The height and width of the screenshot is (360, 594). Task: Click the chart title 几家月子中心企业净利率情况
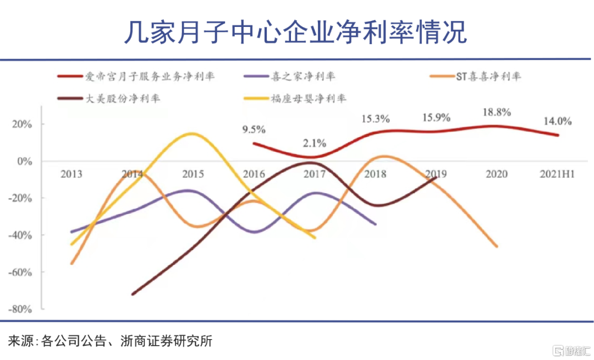[x=295, y=32]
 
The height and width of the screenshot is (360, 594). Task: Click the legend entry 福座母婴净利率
[x=309, y=99]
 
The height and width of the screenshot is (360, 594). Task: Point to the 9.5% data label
[x=254, y=130]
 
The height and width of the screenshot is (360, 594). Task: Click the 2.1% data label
[x=314, y=143]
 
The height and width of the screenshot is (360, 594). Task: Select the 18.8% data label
[x=497, y=112]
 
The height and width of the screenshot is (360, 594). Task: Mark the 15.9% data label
[x=436, y=117]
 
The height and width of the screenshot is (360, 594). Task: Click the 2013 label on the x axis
[x=71, y=174]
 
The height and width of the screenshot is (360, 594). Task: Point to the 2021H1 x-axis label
[x=557, y=174]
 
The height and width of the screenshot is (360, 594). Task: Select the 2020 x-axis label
[x=496, y=174]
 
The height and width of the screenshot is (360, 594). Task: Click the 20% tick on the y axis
[x=24, y=124]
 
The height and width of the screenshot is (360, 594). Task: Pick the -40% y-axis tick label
[x=21, y=235]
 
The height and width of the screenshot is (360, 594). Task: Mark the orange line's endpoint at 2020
[x=497, y=247]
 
